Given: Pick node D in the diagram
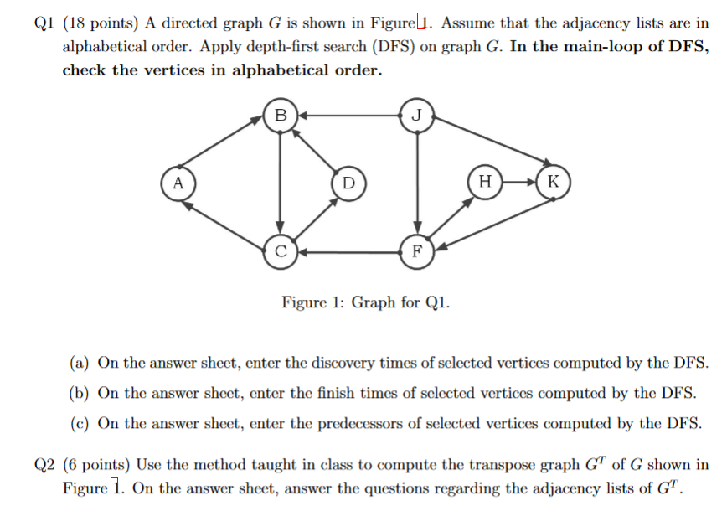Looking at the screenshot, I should click(348, 182).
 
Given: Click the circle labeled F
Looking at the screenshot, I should click(417, 250).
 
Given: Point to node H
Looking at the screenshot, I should click(485, 182).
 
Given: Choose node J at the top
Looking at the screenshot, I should click(417, 114).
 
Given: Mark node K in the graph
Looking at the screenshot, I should click(553, 182).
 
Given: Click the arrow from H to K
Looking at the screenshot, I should click(518, 182).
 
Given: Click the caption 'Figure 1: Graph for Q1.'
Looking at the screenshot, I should click(365, 302).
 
